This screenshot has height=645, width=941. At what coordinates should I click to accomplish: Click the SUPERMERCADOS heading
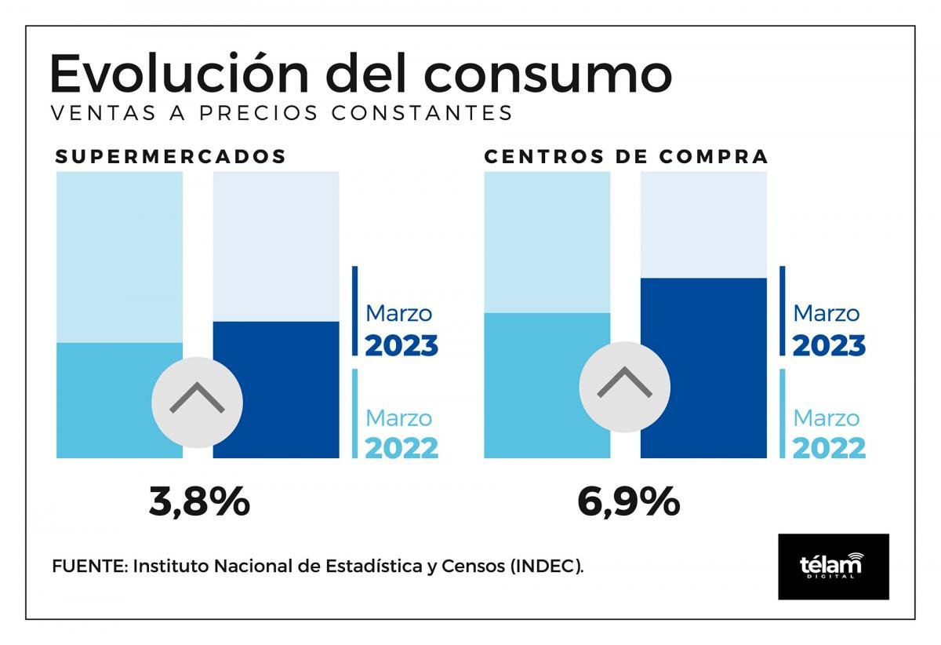point(171,156)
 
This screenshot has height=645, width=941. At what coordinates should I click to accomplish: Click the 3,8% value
point(199,501)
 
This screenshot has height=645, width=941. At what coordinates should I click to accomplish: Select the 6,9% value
point(628,501)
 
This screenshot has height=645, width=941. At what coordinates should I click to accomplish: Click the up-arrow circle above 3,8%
point(197,403)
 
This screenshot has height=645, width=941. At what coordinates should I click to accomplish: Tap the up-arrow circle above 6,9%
point(624,386)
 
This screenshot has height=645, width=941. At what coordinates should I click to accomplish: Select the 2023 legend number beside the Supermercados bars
point(401,345)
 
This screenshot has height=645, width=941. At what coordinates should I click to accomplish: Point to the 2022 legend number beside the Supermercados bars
point(401,448)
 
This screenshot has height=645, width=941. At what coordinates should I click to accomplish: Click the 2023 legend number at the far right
point(829,345)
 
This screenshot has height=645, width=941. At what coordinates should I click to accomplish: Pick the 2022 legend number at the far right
point(829,448)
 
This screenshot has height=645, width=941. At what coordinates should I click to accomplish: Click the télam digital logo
point(833,567)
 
